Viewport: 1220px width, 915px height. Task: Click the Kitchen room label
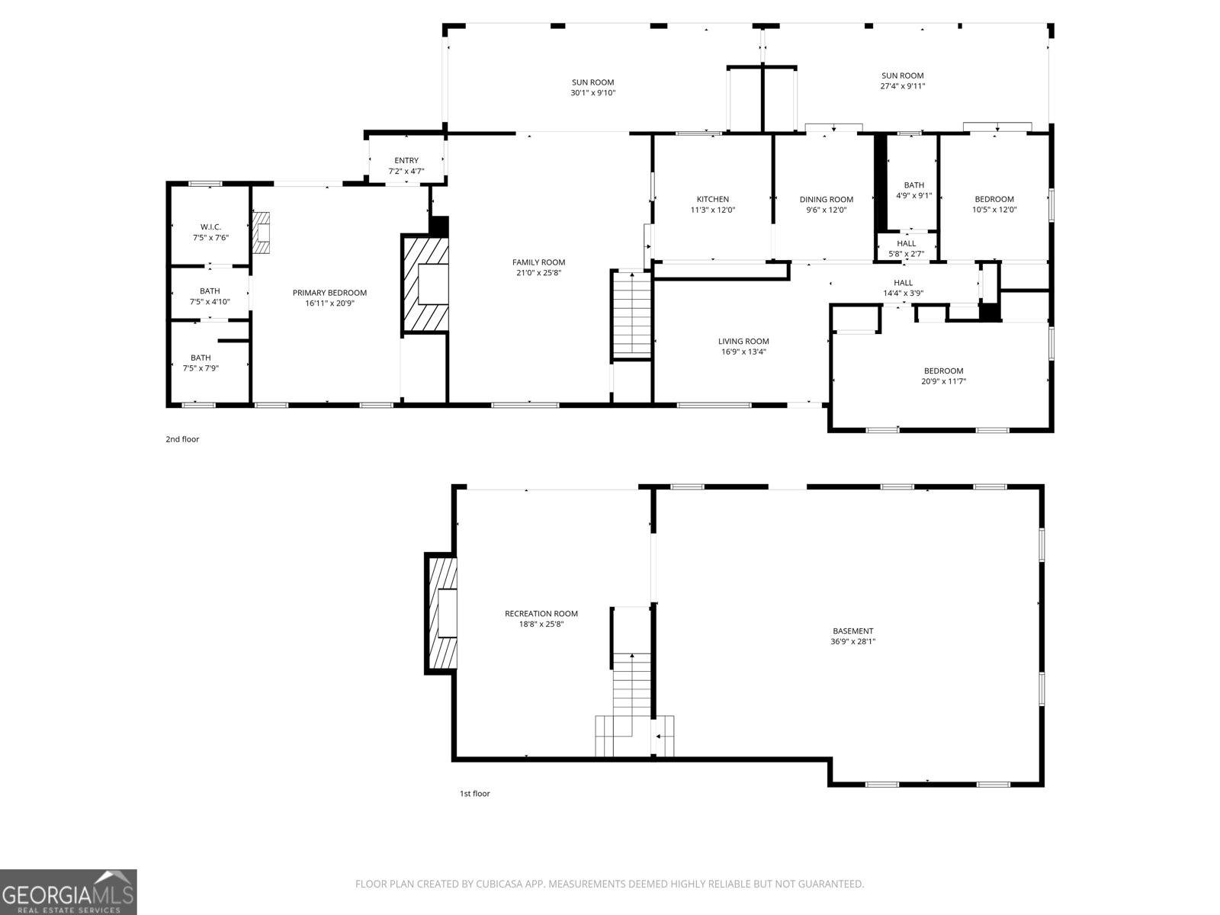tap(712, 200)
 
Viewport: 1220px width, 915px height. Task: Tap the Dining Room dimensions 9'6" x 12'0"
tap(826, 210)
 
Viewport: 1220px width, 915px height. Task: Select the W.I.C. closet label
tap(210, 227)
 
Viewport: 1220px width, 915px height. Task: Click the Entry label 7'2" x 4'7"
tap(406, 165)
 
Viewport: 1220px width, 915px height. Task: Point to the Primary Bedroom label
tap(329, 293)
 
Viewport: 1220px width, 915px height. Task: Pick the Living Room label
tap(743, 342)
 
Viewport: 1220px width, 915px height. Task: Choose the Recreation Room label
tap(541, 614)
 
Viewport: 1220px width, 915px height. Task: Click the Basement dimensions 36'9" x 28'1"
tap(852, 642)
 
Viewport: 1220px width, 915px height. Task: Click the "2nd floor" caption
tap(182, 439)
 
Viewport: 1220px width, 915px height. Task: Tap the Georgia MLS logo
tap(69, 892)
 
